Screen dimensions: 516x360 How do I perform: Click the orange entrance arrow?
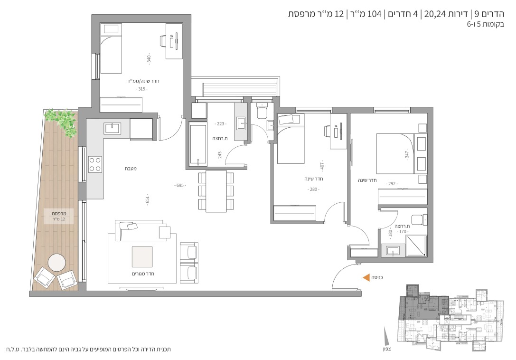[366, 278]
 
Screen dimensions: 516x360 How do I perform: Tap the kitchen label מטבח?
[131, 168]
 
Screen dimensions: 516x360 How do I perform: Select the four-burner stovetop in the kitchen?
[95, 164]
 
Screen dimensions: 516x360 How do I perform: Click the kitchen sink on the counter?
[112, 128]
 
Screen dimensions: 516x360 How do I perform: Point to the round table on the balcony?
[56, 263]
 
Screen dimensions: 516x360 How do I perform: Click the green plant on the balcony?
[62, 121]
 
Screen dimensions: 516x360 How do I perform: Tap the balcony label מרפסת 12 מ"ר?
[59, 216]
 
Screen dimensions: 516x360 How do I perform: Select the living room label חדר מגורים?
[143, 274]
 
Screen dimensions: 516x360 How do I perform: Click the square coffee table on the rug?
[142, 257]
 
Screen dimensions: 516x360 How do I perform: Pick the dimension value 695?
[180, 185]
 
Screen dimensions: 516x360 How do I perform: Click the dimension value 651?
[148, 199]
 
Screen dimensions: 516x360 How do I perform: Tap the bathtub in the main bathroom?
[198, 143]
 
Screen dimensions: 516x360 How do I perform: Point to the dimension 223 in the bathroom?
[220, 124]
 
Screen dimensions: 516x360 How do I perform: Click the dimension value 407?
[322, 166]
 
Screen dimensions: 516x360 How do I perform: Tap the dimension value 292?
[392, 183]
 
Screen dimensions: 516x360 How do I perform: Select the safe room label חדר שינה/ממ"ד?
[143, 81]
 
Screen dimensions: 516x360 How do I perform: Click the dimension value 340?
[149, 58]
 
